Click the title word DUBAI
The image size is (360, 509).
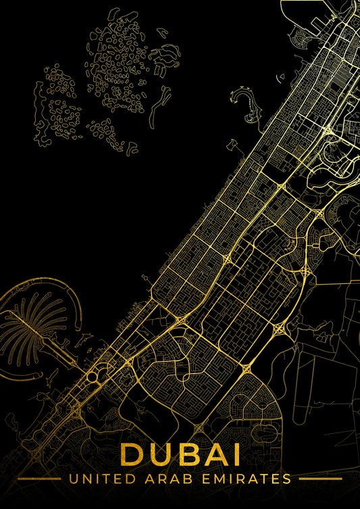coord(180,454)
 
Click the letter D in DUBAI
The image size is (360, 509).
coord(132,454)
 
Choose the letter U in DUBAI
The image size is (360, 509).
coord(159,454)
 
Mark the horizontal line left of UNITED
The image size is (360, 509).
coord(38,479)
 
